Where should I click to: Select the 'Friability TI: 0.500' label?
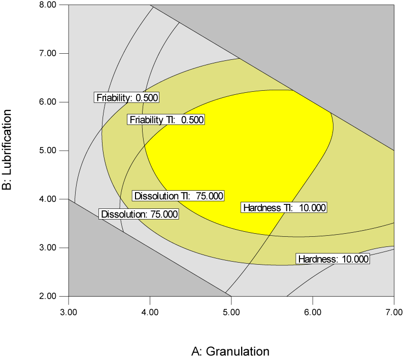coord(166,120)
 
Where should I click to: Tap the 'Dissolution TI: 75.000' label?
coord(178,196)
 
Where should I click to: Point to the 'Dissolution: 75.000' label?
coord(139,214)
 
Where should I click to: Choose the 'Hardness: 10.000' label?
coord(332,259)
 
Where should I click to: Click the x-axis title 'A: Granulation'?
coord(230,351)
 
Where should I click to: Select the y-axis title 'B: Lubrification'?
coord(8,151)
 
